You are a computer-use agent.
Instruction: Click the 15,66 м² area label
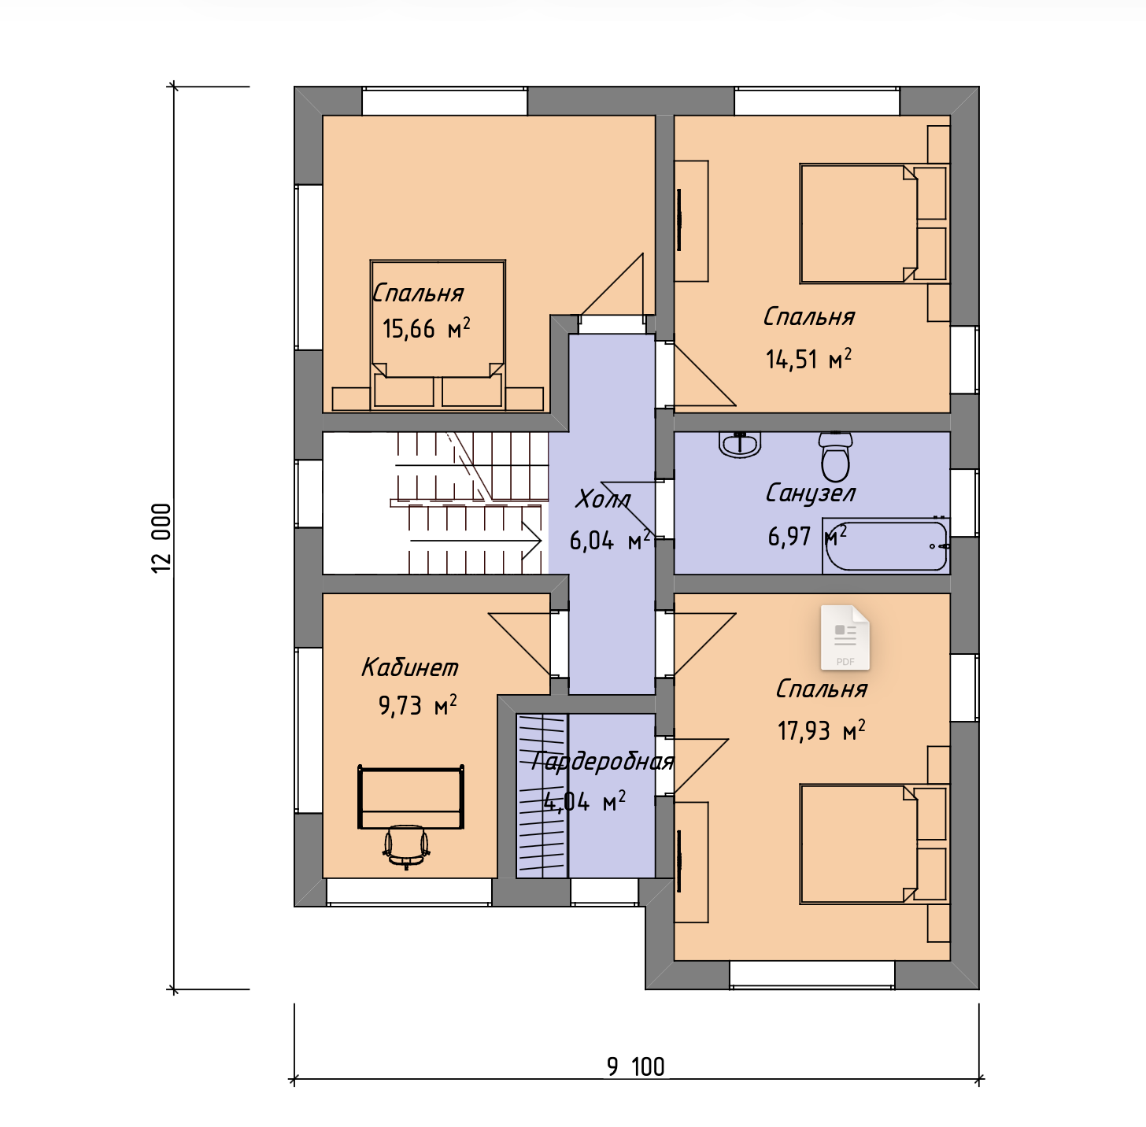(x=427, y=327)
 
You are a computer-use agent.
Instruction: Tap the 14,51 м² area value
(x=808, y=359)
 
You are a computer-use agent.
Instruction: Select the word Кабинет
(x=410, y=667)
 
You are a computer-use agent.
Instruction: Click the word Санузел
(x=810, y=493)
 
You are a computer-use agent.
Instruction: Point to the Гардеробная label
(x=602, y=762)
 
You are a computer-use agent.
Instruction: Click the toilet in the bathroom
(x=835, y=456)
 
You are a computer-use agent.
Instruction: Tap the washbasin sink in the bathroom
(x=740, y=444)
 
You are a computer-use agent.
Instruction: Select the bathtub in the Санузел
(x=885, y=545)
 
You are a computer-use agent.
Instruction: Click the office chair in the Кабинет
(x=406, y=846)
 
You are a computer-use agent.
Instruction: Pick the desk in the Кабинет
(x=410, y=796)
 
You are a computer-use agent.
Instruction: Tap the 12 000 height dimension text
(x=161, y=538)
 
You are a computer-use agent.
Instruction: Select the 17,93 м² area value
(x=821, y=730)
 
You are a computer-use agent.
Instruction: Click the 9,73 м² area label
(x=417, y=705)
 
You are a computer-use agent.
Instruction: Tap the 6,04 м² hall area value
(x=610, y=541)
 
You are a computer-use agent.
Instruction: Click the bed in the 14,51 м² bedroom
(x=872, y=224)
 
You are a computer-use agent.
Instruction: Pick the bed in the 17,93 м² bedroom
(x=872, y=844)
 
